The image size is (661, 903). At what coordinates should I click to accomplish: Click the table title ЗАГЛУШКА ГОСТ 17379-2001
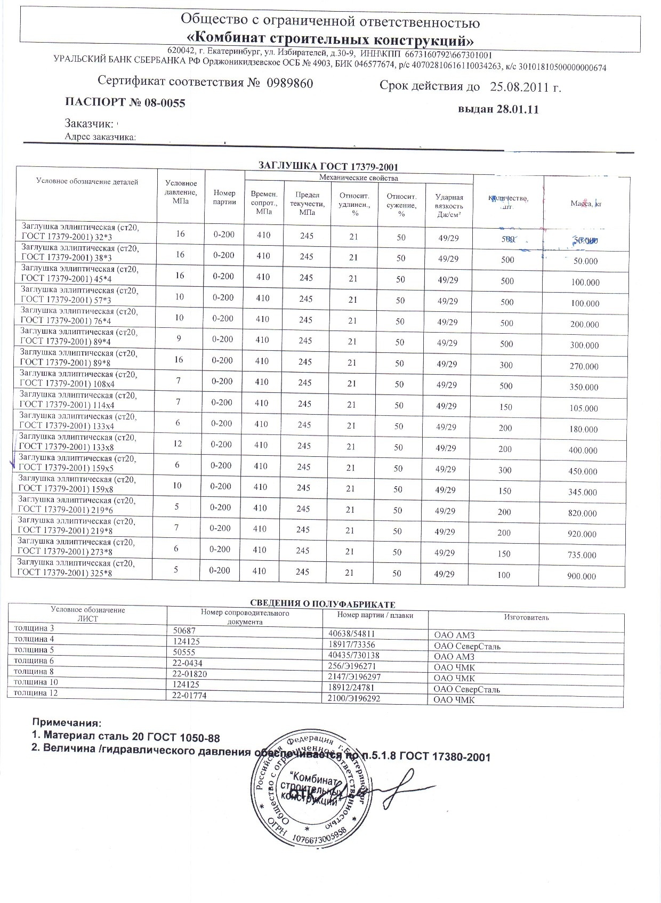pos(328,166)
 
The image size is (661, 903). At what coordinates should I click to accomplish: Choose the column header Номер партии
pos(224,197)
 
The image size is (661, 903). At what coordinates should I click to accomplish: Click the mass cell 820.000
pos(583,513)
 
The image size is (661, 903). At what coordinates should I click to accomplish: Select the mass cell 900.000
pos(582,576)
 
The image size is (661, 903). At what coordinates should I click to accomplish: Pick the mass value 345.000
pos(583,493)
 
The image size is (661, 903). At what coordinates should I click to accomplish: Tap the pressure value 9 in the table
pos(179,338)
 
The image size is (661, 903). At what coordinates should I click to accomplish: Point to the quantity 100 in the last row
pos(504,575)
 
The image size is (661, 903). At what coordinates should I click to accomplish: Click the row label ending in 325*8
pos(76,568)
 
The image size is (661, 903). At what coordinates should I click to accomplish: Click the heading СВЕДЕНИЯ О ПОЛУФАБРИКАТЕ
pos(323,604)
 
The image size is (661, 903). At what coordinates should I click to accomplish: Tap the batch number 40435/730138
pos(353,656)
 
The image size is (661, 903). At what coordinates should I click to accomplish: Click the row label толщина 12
pos(35,693)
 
